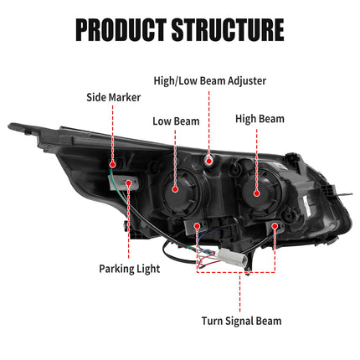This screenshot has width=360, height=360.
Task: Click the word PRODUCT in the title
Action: click(x=121, y=30)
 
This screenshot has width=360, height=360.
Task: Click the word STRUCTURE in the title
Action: click(x=228, y=30)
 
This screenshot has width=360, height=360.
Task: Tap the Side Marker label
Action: click(x=113, y=97)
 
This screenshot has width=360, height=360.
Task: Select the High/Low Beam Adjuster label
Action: click(x=210, y=81)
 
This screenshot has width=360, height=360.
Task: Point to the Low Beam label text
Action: click(x=176, y=121)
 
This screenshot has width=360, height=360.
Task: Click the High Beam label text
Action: click(x=260, y=119)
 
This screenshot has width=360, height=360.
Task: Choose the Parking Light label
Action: click(x=130, y=269)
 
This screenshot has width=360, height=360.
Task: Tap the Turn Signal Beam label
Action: click(x=241, y=321)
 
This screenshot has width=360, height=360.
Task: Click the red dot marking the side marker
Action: click(x=112, y=164)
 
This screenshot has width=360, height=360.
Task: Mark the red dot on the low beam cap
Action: click(x=175, y=189)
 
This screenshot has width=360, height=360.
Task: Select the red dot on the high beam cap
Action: click(x=257, y=193)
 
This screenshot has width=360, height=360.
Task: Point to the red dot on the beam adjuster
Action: click(x=208, y=161)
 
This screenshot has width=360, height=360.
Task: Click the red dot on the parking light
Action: click(x=128, y=183)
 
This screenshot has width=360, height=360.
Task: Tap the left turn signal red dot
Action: click(x=198, y=226)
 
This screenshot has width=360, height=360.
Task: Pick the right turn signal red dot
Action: click(x=275, y=225)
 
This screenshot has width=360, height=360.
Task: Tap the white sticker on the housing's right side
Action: click(x=307, y=206)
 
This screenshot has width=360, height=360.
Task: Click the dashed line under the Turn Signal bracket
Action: click(x=239, y=292)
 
